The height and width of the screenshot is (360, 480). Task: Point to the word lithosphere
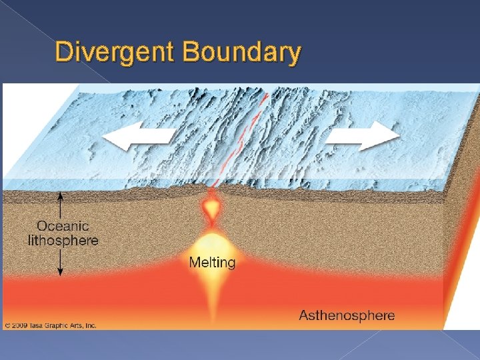[x=63, y=240]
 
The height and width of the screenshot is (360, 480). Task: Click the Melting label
[x=212, y=262]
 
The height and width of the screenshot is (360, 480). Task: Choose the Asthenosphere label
[x=347, y=315]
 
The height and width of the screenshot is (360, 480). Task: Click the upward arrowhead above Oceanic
[x=61, y=196]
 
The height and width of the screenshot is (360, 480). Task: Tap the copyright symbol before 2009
[x=7, y=325]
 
